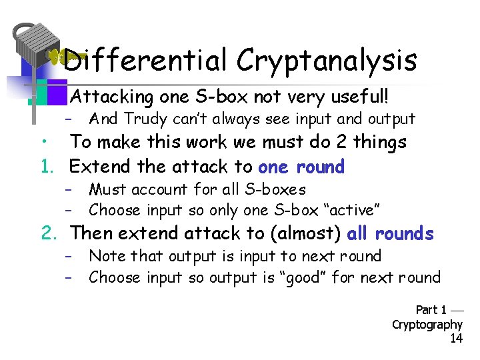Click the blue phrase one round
[x=301, y=167]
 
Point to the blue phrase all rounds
[x=391, y=234]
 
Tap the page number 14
[x=456, y=339]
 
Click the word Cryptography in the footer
[x=427, y=325]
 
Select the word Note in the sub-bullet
[x=108, y=256]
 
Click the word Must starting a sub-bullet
[x=109, y=189]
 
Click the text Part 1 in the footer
[x=431, y=310]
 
